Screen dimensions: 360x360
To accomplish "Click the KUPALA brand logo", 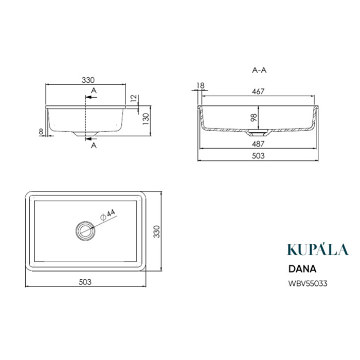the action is click(318, 249).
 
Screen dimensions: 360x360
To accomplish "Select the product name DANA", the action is click(302, 269).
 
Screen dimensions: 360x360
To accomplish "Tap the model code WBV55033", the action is click(308, 283).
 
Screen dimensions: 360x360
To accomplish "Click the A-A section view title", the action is click(259, 70).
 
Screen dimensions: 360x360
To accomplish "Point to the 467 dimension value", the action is click(258, 92).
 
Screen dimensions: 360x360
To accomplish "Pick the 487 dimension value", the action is click(258, 144).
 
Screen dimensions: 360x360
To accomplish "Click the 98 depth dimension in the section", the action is click(254, 118).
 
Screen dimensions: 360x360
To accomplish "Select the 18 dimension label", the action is click(201, 86).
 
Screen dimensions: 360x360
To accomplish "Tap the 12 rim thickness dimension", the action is click(134, 98).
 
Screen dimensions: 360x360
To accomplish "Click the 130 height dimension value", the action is click(146, 119).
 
